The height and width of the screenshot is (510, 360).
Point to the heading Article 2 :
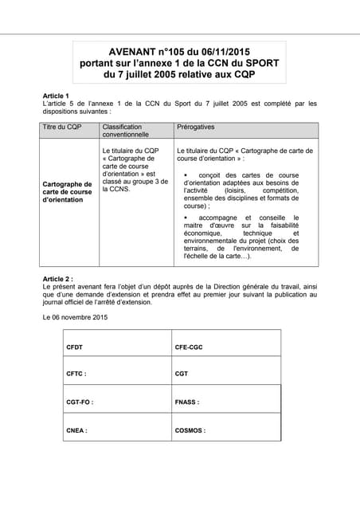click(x=59, y=279)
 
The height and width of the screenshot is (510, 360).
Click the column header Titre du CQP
click(x=62, y=127)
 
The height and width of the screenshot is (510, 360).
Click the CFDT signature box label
click(x=75, y=347)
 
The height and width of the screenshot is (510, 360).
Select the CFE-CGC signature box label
click(x=190, y=347)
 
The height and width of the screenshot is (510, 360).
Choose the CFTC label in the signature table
click(x=76, y=373)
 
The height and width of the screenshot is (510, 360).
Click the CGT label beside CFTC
click(x=182, y=373)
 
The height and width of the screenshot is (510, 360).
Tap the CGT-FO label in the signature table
click(x=80, y=402)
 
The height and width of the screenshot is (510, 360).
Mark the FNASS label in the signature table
click(x=187, y=402)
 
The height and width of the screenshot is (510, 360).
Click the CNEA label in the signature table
click(x=76, y=430)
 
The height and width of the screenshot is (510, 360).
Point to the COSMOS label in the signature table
click(x=190, y=430)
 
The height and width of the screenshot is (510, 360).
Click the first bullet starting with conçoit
click(x=241, y=190)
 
